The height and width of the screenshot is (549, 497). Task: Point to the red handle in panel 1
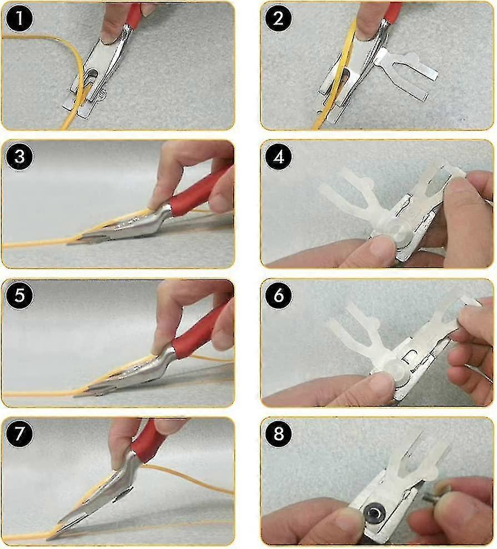pos(134,17)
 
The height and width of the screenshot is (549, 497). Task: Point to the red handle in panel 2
pos(392,12)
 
